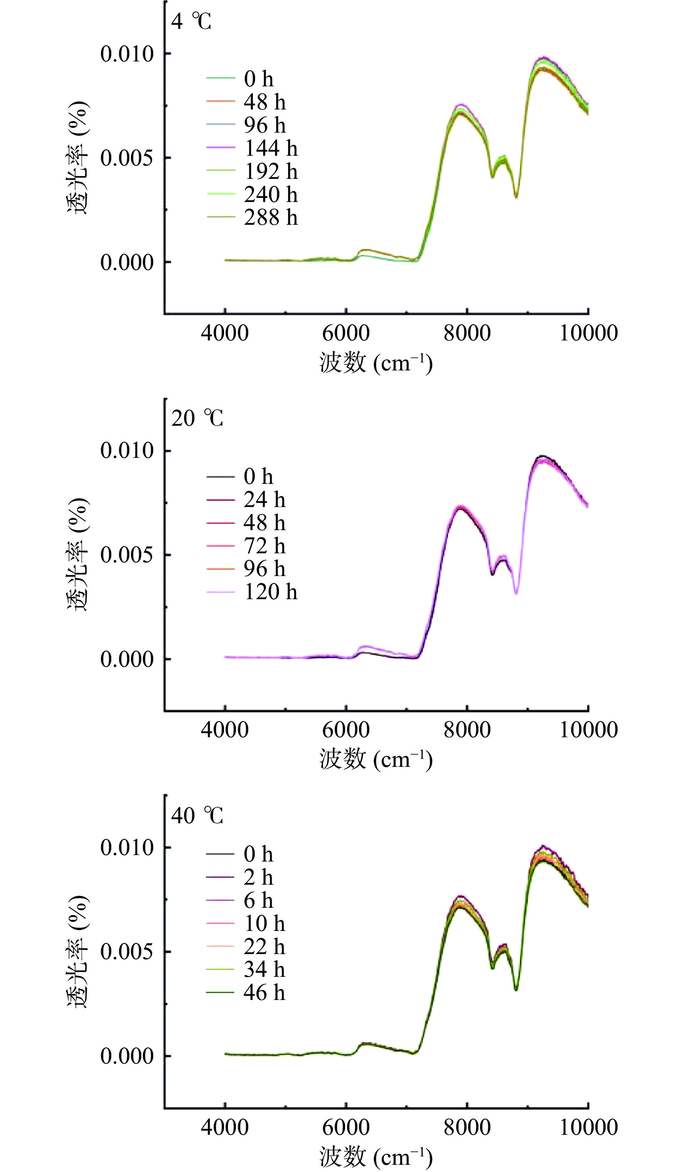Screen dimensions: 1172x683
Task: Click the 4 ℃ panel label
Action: point(191,21)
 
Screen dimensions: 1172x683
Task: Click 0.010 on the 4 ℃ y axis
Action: point(126,54)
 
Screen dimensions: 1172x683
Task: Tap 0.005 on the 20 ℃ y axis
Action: point(126,555)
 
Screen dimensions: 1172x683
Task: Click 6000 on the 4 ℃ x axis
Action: point(345,333)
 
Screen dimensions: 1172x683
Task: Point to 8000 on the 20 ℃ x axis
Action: point(467,730)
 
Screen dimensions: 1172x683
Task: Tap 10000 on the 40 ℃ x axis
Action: point(588,1127)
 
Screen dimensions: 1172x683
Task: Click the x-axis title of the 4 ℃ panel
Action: point(376,363)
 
